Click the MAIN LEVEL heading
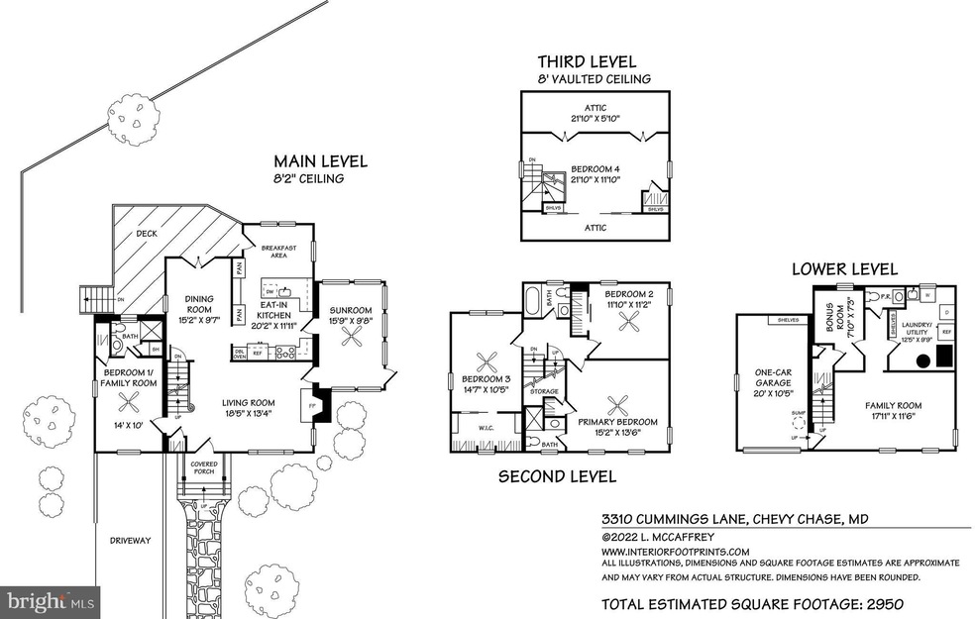click(320, 160)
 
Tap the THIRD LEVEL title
click(587, 62)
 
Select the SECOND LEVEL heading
click(556, 476)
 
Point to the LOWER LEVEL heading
click(844, 268)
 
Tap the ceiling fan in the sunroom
click(352, 337)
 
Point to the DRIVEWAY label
click(131, 540)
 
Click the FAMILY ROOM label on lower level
click(893, 405)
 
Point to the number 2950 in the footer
click(876, 603)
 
